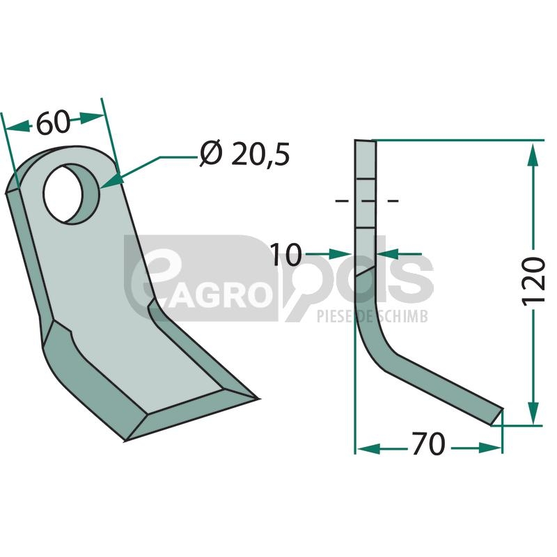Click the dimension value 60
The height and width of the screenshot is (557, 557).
(54, 123)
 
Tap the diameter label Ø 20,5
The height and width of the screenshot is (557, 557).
(245, 154)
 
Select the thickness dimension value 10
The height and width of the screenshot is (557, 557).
(286, 254)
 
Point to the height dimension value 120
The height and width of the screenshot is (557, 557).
(533, 281)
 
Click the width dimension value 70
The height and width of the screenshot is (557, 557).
(428, 444)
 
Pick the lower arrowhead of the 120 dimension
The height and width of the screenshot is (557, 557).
(533, 413)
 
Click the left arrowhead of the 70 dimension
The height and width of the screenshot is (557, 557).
(368, 448)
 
